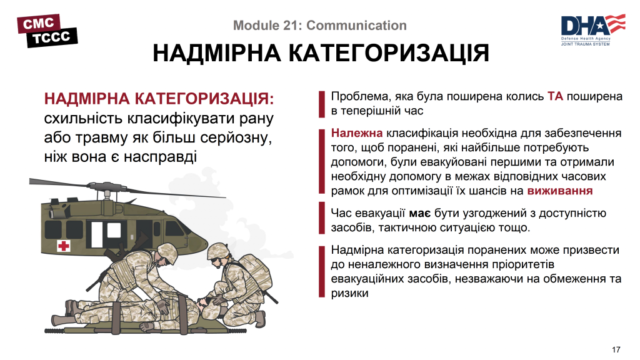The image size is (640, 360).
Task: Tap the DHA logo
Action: (x=592, y=29)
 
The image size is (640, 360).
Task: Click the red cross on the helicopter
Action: (x=63, y=246)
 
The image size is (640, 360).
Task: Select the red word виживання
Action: (x=560, y=191)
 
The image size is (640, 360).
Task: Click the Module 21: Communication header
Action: (x=319, y=26)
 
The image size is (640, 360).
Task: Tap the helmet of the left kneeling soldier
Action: (x=168, y=251)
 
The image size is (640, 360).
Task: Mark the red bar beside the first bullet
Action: (x=322, y=104)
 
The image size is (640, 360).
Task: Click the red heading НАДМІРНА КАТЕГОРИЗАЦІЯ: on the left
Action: (x=159, y=100)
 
